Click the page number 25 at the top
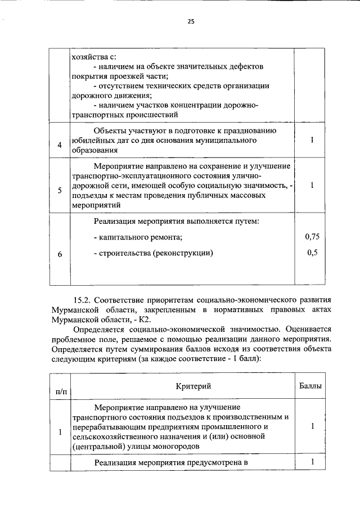pyautogui.click(x=191, y=22)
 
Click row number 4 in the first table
pyautogui.click(x=60, y=145)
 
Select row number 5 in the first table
pyautogui.click(x=60, y=190)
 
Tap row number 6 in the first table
pyautogui.click(x=60, y=254)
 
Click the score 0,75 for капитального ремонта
pyautogui.click(x=312, y=237)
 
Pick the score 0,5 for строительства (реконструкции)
pyautogui.click(x=313, y=253)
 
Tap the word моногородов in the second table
pyautogui.click(x=177, y=447)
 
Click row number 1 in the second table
pyautogui.click(x=60, y=431)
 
